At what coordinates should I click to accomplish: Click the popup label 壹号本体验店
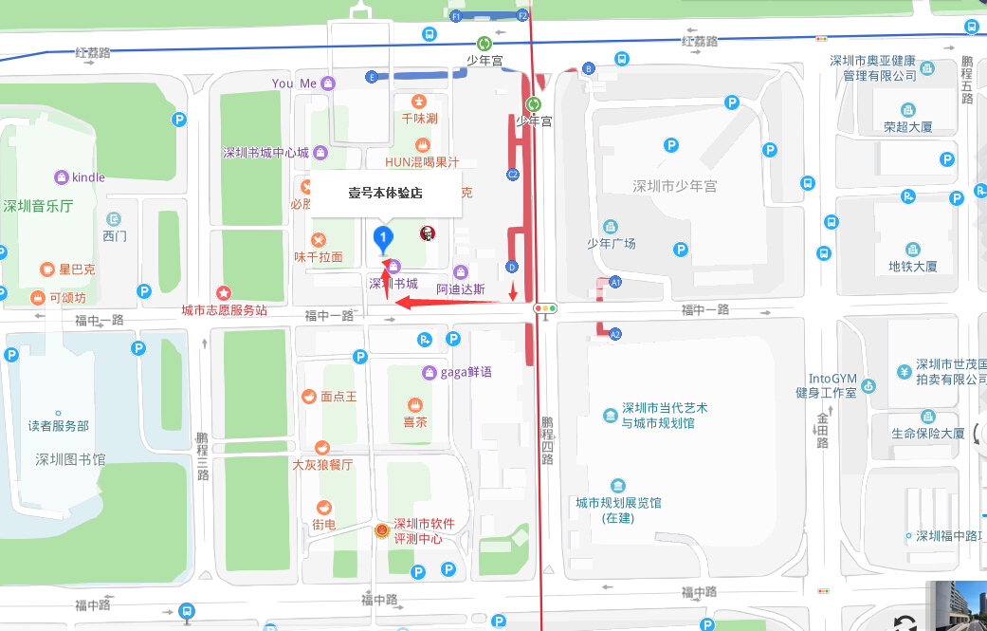(x=385, y=193)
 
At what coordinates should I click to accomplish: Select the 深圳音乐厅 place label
(x=38, y=206)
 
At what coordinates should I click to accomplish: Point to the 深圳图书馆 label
(x=70, y=460)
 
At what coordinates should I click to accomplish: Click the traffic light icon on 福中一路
(x=544, y=308)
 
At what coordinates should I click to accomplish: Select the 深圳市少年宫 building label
(x=674, y=186)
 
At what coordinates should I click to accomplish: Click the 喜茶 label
(x=415, y=422)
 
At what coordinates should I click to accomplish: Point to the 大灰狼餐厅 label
(x=322, y=465)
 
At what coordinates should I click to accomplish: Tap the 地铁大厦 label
(x=912, y=267)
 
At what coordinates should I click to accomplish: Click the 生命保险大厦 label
(x=928, y=434)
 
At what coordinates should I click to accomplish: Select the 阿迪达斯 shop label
(x=461, y=288)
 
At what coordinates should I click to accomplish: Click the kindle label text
(x=88, y=177)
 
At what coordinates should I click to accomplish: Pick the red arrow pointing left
(x=446, y=303)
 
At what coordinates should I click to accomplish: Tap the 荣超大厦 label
(x=908, y=126)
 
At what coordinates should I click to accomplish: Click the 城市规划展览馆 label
(x=618, y=503)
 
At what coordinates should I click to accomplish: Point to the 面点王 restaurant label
(x=338, y=397)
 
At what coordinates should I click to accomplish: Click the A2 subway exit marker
(x=615, y=334)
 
